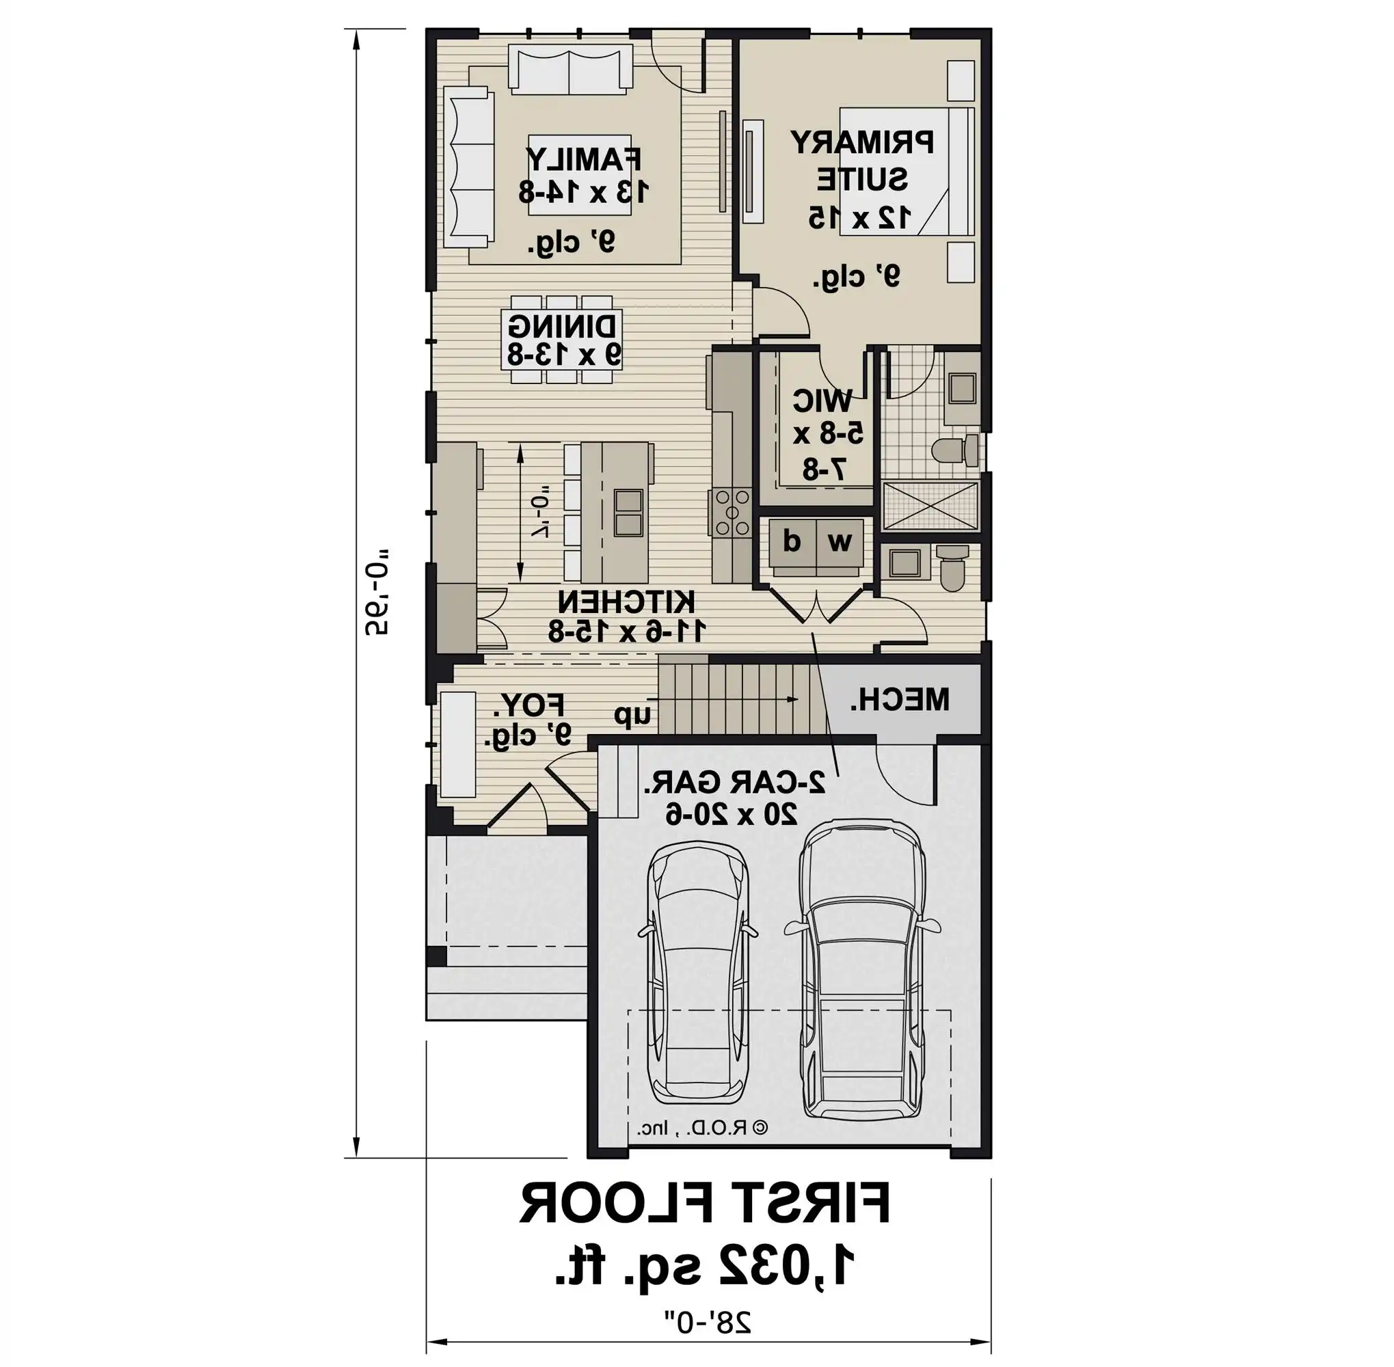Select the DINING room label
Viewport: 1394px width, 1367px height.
pos(563,327)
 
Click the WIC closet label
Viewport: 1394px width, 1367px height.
pos(822,401)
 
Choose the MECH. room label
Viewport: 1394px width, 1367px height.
pos(900,699)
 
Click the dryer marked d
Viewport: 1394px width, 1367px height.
pos(792,541)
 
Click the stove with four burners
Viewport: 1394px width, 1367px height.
pos(730,513)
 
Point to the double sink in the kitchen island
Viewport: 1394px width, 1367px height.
pos(628,513)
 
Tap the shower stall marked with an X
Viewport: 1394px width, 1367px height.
pos(930,506)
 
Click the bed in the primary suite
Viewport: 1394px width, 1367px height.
pos(907,171)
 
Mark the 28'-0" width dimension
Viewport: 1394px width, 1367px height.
pos(708,1321)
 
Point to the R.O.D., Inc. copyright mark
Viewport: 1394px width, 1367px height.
pos(701,1128)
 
